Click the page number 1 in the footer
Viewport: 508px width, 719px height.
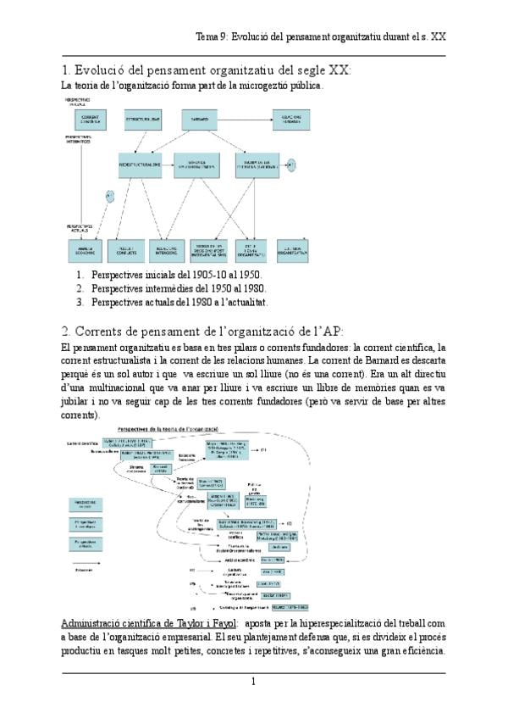click(x=253, y=682)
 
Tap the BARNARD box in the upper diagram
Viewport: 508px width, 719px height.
click(x=202, y=116)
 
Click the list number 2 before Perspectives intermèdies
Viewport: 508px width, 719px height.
click(x=80, y=288)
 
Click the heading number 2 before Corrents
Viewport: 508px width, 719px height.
click(x=66, y=330)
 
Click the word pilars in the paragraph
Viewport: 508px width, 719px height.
click(x=244, y=348)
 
